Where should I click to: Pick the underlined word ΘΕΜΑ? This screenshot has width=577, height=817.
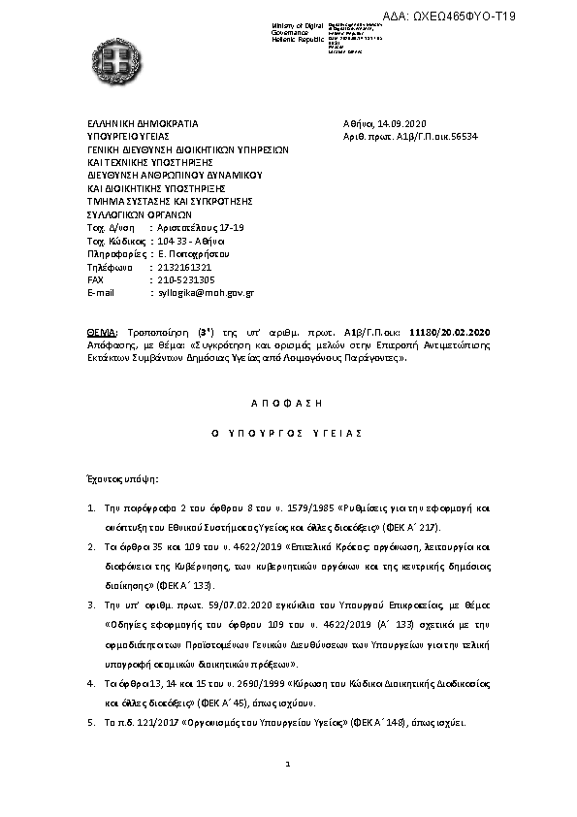(102, 333)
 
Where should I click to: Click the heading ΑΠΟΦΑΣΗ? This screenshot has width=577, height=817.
(289, 400)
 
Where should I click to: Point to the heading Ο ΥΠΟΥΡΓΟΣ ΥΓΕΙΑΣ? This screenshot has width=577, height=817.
(288, 433)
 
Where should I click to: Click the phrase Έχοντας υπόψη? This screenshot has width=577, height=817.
(124, 478)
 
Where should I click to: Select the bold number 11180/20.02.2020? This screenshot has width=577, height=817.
(452, 333)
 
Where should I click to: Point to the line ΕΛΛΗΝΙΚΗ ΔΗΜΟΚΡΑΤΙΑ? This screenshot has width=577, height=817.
(143, 125)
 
